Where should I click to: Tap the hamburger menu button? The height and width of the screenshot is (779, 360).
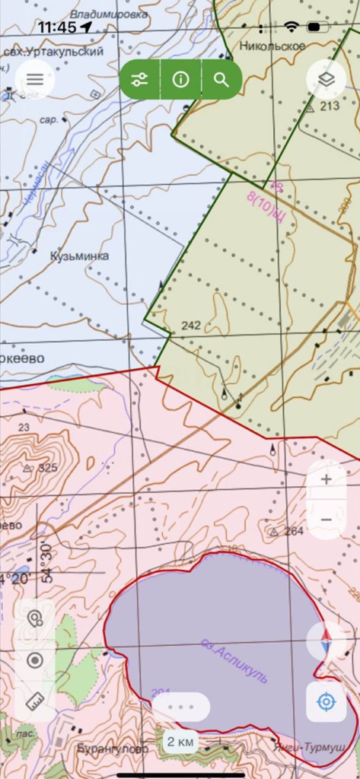35,79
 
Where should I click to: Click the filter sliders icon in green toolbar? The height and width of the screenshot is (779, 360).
139,80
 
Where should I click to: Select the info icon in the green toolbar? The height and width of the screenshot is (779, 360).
180,80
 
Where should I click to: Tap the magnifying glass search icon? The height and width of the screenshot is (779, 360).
221,80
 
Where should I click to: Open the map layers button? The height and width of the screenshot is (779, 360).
326,79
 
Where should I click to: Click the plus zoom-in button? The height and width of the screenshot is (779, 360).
326,479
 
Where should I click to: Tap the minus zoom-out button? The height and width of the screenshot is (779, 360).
326,519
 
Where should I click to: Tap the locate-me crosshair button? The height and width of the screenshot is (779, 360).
326,701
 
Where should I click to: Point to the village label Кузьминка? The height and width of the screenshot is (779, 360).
80,256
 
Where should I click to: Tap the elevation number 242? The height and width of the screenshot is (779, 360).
191,326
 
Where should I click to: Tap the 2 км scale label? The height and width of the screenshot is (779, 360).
181,742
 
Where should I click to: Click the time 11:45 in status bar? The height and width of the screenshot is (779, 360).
56,27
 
